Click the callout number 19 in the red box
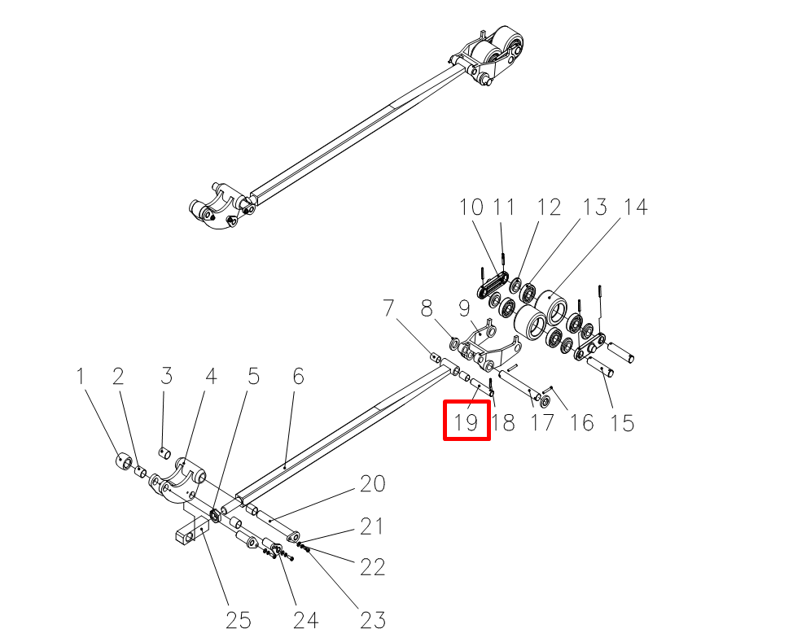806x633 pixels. point(467,422)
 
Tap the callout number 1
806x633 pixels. point(80,376)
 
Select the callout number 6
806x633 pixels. point(299,376)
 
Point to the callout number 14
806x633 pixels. point(635,207)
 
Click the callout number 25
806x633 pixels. point(239,620)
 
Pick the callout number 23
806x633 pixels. point(373,620)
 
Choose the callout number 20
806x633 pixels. point(373,483)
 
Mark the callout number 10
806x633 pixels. point(471,207)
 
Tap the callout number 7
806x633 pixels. point(388,308)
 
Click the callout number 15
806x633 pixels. point(622,423)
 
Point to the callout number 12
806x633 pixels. point(549,207)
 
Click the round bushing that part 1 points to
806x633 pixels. point(124,460)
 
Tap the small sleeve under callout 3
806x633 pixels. point(164,454)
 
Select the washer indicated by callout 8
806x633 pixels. point(454,343)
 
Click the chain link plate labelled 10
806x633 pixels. point(493,285)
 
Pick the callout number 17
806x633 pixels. point(542,422)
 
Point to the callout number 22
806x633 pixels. point(373,567)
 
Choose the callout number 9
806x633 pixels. point(464,308)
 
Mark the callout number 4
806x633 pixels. point(211,376)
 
